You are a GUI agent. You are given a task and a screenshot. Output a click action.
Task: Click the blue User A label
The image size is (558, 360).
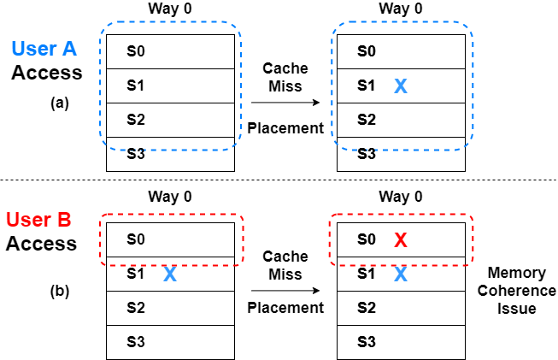pyautogui.click(x=44, y=49)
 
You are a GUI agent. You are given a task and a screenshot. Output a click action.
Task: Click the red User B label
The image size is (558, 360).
pyautogui.click(x=38, y=220)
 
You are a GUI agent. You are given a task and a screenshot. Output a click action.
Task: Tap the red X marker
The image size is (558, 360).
pyautogui.click(x=400, y=240)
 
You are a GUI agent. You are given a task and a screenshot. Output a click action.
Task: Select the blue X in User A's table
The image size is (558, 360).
pyautogui.click(x=400, y=86)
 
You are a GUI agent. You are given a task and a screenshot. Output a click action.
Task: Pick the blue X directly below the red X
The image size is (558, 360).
pyautogui.click(x=400, y=274)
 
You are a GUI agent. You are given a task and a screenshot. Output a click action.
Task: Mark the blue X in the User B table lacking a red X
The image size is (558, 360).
pyautogui.click(x=169, y=274)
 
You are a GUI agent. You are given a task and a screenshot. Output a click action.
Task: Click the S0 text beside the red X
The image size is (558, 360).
pyautogui.click(x=366, y=239)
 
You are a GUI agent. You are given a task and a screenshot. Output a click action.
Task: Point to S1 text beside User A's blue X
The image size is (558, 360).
pyautogui.click(x=366, y=86)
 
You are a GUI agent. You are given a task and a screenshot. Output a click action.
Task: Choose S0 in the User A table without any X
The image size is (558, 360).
pyautogui.click(x=136, y=51)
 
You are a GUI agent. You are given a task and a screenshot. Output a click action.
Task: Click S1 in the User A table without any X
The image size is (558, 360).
pyautogui.click(x=136, y=86)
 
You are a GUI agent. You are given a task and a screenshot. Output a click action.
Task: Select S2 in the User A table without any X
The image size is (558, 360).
pyautogui.click(x=136, y=120)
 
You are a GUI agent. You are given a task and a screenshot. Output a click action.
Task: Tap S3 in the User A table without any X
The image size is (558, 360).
pyautogui.click(x=136, y=154)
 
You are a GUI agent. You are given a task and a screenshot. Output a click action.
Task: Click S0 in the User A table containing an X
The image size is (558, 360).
pyautogui.click(x=366, y=51)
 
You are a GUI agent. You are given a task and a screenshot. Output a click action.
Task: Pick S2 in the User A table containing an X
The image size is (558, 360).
pyautogui.click(x=366, y=120)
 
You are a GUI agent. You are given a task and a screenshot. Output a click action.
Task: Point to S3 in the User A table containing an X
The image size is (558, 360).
pyautogui.click(x=366, y=154)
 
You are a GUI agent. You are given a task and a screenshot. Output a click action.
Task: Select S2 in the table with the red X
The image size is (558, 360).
pyautogui.click(x=366, y=308)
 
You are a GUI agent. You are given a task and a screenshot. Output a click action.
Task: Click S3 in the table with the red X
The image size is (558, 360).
pyautogui.click(x=366, y=342)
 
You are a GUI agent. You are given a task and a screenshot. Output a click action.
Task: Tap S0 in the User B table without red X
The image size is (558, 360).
pyautogui.click(x=136, y=239)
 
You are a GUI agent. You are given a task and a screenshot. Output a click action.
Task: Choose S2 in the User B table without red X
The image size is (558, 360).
pyautogui.click(x=136, y=308)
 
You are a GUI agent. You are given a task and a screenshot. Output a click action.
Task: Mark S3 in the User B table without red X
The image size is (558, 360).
pyautogui.click(x=136, y=342)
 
